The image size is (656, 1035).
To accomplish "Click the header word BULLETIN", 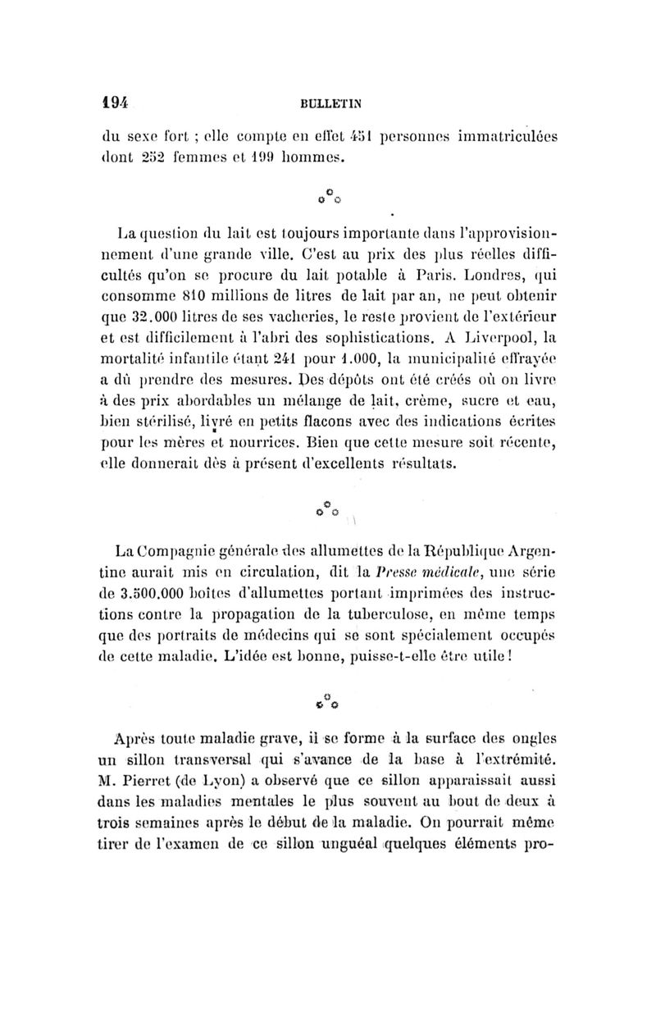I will coord(332,103).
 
